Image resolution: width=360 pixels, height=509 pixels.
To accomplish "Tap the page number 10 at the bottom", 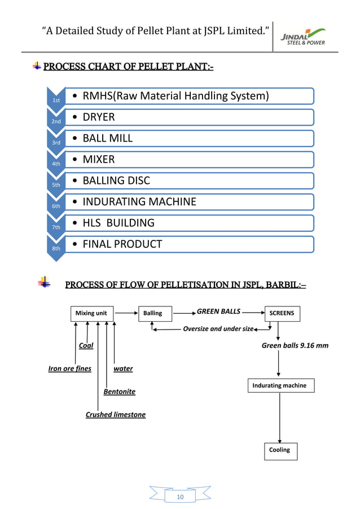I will (x=181, y=497).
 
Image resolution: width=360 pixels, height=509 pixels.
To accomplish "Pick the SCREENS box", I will (x=282, y=313).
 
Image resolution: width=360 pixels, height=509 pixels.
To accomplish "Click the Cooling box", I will (x=279, y=450).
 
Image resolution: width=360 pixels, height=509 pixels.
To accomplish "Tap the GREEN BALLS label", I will (x=218, y=311).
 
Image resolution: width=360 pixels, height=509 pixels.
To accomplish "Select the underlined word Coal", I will (x=86, y=345).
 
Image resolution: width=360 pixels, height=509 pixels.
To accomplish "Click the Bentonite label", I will (x=119, y=392).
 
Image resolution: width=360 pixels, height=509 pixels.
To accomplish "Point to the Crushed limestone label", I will (x=115, y=415).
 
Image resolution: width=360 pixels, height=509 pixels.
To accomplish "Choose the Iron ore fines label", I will (x=69, y=369).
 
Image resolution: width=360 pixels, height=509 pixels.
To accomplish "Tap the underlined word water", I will (x=123, y=369).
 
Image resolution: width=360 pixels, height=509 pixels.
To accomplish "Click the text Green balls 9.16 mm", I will (x=295, y=345).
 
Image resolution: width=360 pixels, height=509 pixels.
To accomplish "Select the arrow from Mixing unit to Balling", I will (x=126, y=312).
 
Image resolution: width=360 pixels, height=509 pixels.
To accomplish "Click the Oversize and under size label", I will (x=218, y=328).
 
